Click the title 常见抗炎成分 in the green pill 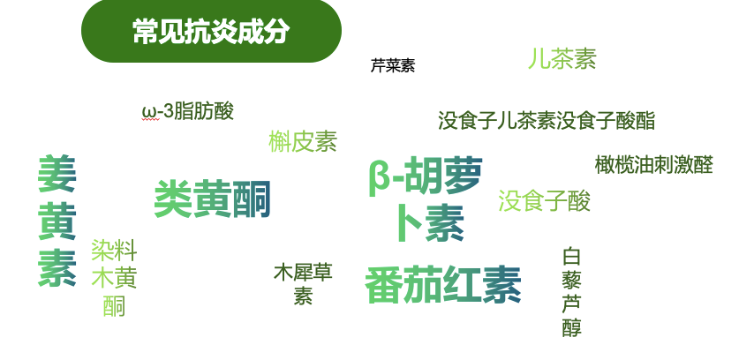[211, 32]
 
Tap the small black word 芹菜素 [393, 66]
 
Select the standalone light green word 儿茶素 [562, 59]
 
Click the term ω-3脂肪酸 [188, 111]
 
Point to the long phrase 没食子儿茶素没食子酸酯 [547, 121]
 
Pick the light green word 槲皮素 [303, 141]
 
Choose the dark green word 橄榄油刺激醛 [653, 165]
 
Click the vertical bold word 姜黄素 [57, 221]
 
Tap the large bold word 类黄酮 [212, 199]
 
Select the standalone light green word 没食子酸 [544, 201]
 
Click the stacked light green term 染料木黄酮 [114, 278]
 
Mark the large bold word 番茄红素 [443, 285]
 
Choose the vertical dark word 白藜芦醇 [571, 292]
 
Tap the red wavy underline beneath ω [150, 120]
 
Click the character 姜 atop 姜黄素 [57, 175]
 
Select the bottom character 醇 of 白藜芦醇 [571, 328]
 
